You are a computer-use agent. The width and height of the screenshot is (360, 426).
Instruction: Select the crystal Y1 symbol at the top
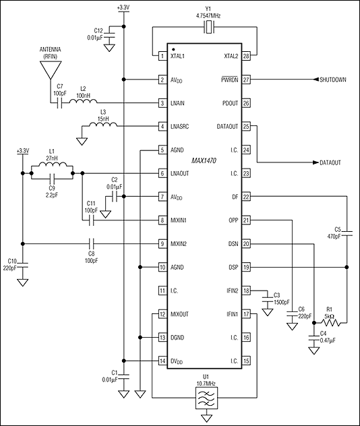(210, 28)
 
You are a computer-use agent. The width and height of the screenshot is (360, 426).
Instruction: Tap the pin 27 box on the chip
(247, 80)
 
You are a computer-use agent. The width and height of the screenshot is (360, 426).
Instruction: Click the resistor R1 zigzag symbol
(328, 323)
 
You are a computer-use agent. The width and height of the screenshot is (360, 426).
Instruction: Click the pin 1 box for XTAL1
(162, 57)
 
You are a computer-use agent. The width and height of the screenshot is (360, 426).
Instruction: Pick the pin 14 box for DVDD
(162, 361)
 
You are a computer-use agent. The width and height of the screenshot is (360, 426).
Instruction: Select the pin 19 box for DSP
(247, 267)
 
